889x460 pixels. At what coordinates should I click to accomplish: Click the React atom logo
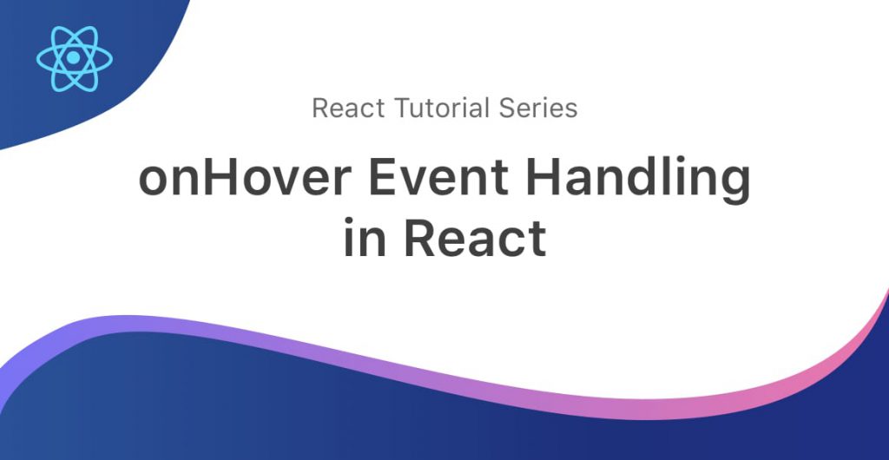click(75, 58)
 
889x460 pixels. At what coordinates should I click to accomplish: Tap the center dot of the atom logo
click(75, 58)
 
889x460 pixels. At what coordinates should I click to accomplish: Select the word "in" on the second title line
click(364, 236)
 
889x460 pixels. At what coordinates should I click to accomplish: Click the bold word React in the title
click(476, 236)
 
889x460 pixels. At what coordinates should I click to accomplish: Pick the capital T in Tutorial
click(402, 108)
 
